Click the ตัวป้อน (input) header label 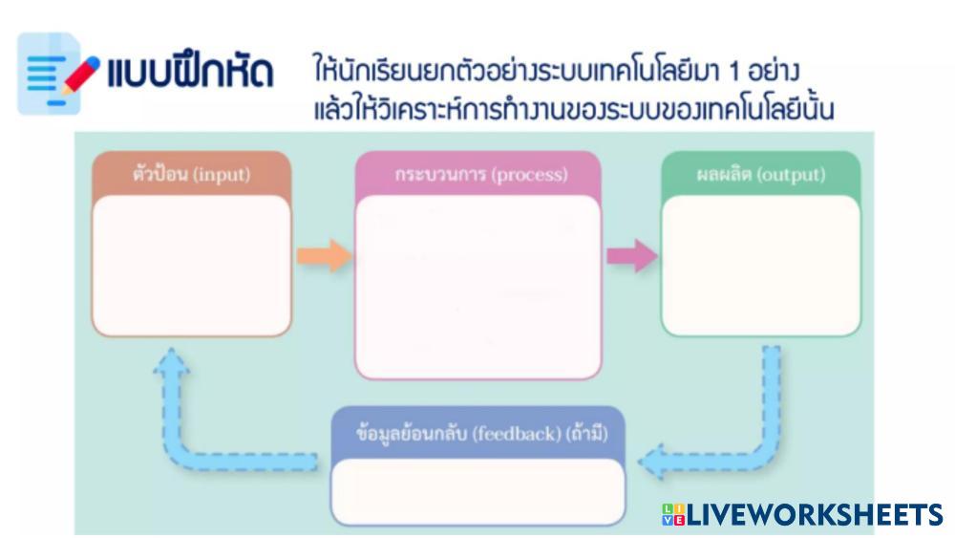(191, 175)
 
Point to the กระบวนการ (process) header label (480, 176)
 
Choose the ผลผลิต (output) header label (761, 176)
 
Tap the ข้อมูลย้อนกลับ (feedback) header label (477, 435)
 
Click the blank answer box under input (191, 265)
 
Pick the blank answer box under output (761, 265)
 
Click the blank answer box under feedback (477, 490)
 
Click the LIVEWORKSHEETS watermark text (815, 516)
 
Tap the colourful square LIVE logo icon (672, 516)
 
